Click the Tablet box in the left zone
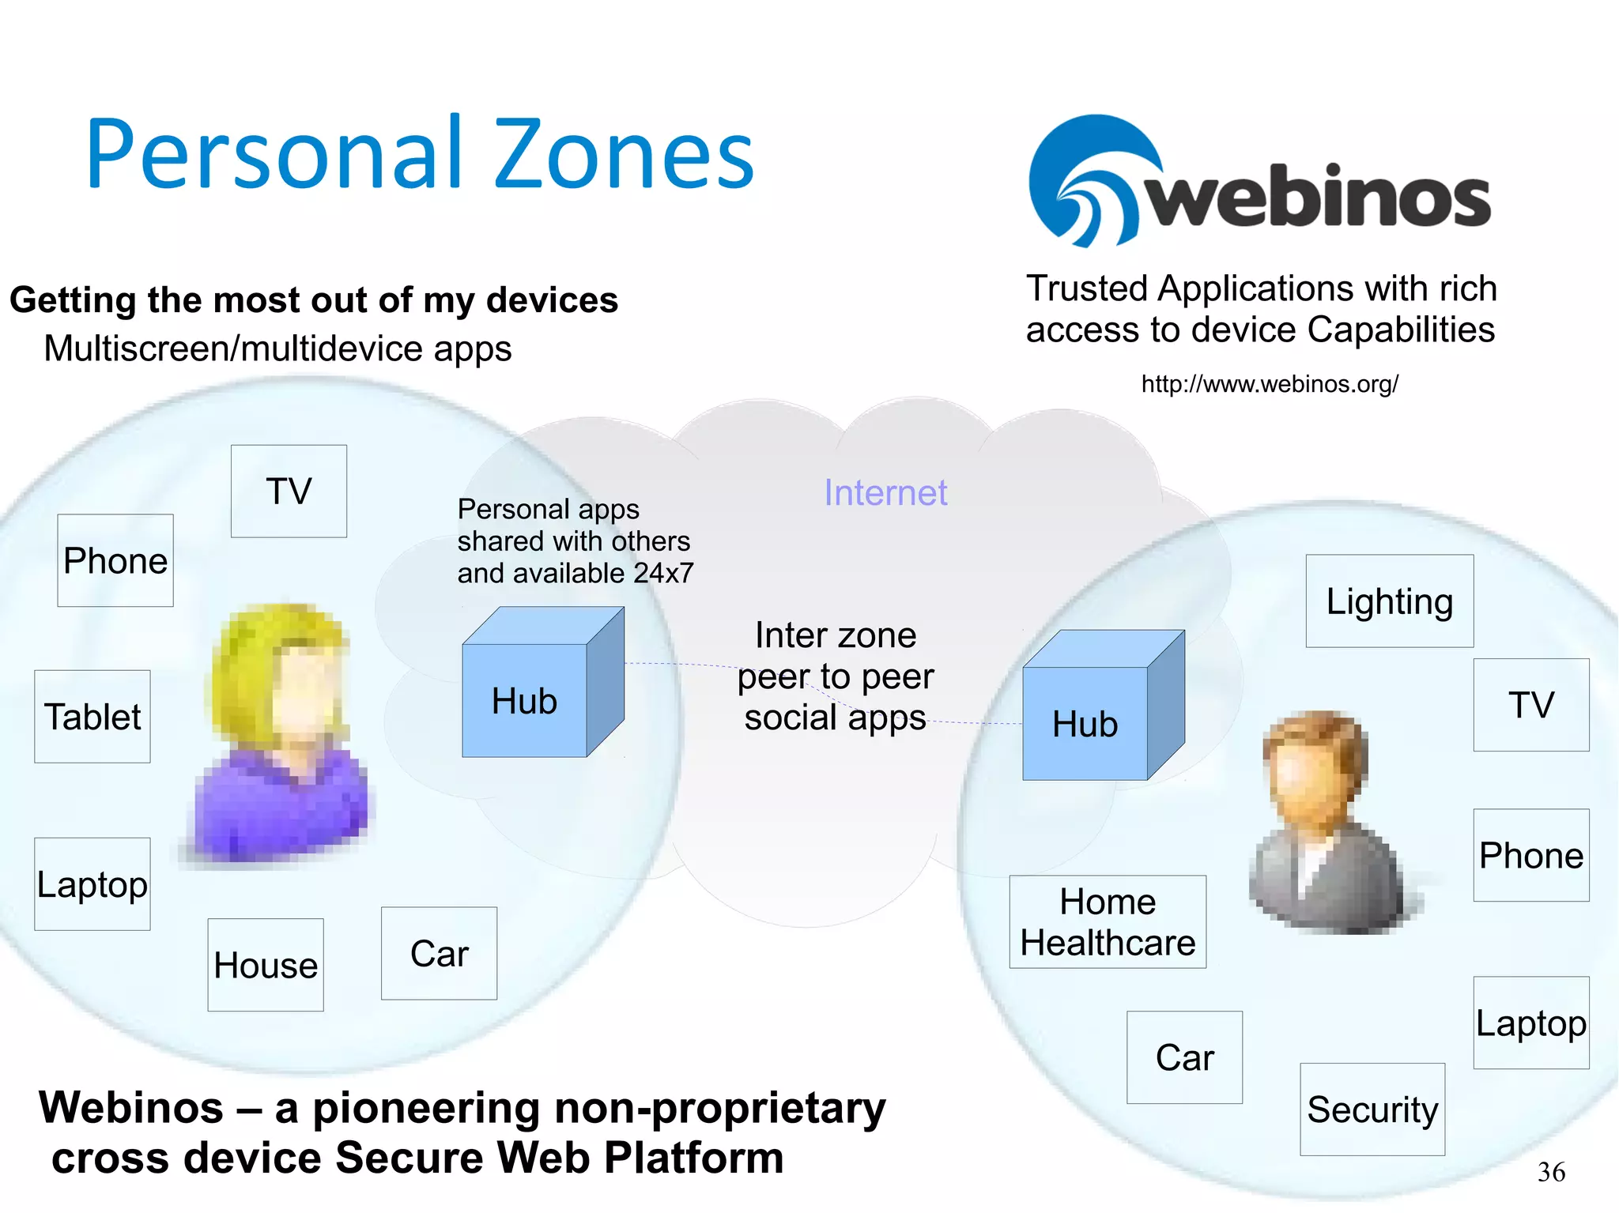tap(92, 717)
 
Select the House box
tap(266, 965)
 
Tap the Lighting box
tap(1389, 601)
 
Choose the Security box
tap(1372, 1109)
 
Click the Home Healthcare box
tap(1108, 922)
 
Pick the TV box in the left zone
tap(289, 492)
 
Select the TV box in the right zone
tap(1531, 705)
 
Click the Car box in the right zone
tap(1184, 1057)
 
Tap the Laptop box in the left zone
tap(92, 884)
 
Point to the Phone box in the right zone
tap(1531, 855)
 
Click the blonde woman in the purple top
tap(281, 735)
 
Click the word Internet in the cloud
tap(885, 493)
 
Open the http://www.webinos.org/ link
tap(1270, 384)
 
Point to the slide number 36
tap(1551, 1172)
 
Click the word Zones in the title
tap(625, 154)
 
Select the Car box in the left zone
tap(439, 954)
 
